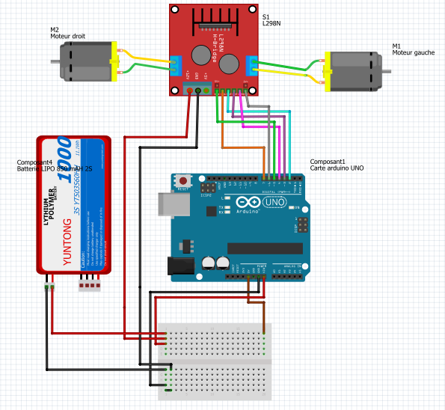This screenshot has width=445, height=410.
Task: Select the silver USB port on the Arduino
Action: [x=169, y=206]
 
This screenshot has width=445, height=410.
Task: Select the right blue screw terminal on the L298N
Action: [x=254, y=65]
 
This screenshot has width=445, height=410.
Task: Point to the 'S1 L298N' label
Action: [x=271, y=20]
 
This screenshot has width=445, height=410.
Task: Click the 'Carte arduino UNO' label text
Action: [x=337, y=169]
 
